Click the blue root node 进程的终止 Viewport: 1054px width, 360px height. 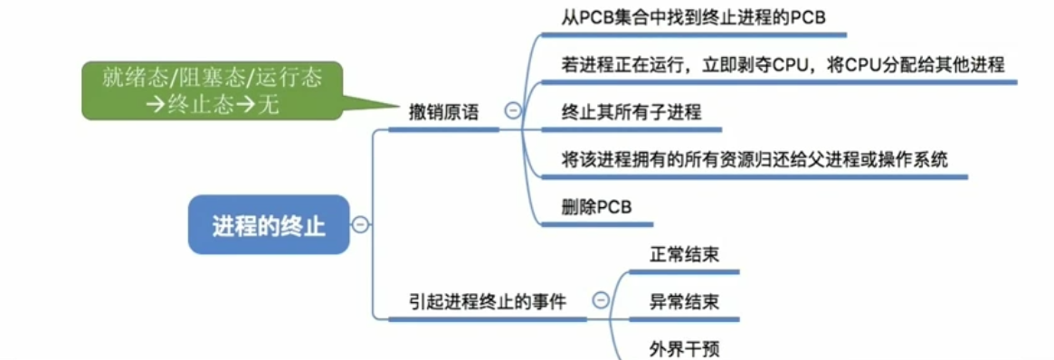(268, 224)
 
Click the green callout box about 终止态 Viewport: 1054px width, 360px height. (213, 90)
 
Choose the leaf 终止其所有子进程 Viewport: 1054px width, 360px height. (631, 112)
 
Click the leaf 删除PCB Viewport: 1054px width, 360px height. (596, 206)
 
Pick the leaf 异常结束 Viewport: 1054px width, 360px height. (684, 301)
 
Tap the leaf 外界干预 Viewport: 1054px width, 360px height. (684, 348)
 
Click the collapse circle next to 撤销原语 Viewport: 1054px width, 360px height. (512, 112)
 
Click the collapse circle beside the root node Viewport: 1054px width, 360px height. (360, 224)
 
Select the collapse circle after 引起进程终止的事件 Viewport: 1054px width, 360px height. (600, 301)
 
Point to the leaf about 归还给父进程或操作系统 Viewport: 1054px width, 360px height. (755, 159)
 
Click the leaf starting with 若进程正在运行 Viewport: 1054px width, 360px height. (783, 65)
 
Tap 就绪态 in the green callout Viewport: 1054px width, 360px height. (128, 78)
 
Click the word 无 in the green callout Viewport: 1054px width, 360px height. (269, 103)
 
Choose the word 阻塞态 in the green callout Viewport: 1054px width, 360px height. (210, 78)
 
